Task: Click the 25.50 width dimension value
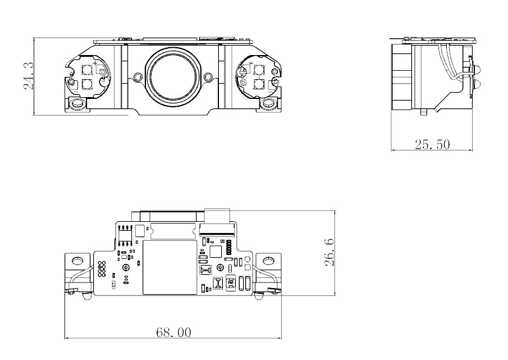click(x=432, y=144)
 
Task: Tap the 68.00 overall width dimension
click(x=173, y=332)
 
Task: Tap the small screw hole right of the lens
click(x=208, y=77)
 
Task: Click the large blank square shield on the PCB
click(x=170, y=268)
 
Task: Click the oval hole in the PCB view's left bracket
click(x=77, y=260)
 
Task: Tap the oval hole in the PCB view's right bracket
click(x=268, y=260)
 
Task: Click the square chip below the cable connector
click(x=216, y=250)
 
